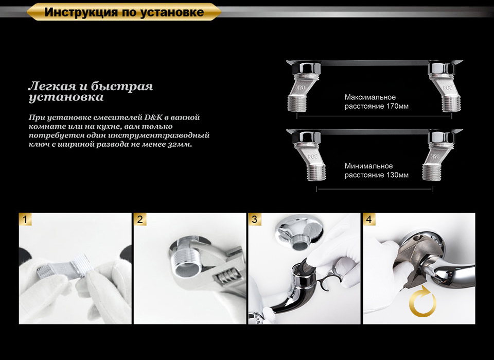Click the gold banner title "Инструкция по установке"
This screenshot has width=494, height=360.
[124, 12]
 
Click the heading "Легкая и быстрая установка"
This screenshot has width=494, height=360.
[91, 92]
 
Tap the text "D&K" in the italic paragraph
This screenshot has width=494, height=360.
[153, 117]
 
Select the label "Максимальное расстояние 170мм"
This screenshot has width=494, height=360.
[377, 101]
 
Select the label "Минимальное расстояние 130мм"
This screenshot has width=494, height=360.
[377, 170]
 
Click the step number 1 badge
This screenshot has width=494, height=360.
[26, 219]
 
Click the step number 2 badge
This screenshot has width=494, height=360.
[140, 219]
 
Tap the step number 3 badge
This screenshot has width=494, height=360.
[255, 219]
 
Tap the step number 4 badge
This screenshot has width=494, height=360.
[369, 219]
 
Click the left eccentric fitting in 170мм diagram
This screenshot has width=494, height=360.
[304, 86]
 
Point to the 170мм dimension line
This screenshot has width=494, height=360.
[374, 116]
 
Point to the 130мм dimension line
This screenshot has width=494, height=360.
[375, 189]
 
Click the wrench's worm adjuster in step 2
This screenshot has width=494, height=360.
[227, 275]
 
